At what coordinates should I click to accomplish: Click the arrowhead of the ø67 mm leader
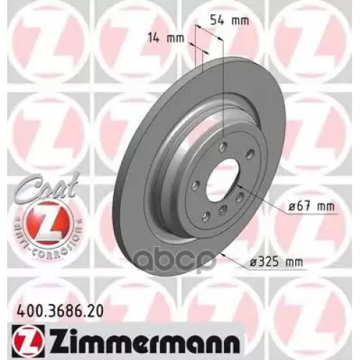click(239, 191)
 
